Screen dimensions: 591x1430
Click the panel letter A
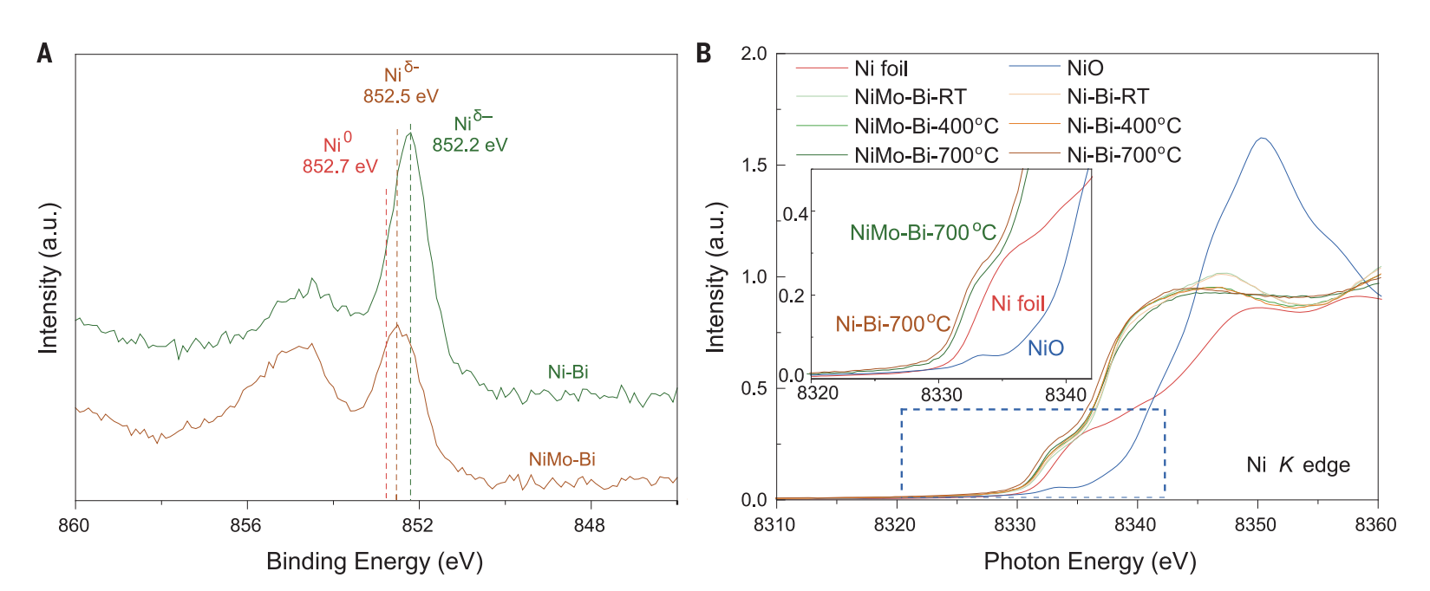[44, 54]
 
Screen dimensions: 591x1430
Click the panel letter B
[703, 54]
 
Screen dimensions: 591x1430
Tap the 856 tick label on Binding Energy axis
[246, 526]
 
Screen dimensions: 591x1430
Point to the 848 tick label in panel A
[590, 526]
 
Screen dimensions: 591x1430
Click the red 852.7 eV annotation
[340, 166]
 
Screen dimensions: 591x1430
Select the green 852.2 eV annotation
[470, 146]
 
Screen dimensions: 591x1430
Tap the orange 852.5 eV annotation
[401, 96]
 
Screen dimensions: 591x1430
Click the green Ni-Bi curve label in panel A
[568, 373]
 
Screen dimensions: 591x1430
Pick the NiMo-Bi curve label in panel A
[562, 459]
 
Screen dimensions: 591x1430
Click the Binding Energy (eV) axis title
[375, 562]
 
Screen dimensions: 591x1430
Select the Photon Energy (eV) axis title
[1090, 562]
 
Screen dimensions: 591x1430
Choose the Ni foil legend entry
[880, 68]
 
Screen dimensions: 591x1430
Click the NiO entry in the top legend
[1085, 68]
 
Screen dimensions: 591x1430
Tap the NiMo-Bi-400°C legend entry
[925, 127]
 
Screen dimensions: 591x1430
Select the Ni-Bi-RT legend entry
[1107, 97]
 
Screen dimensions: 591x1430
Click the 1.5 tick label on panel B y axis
[754, 166]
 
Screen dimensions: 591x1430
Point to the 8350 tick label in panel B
[1256, 525]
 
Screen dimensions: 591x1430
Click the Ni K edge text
[1298, 465]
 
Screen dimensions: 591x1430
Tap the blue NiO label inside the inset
[1046, 348]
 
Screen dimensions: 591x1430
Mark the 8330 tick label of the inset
[942, 394]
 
